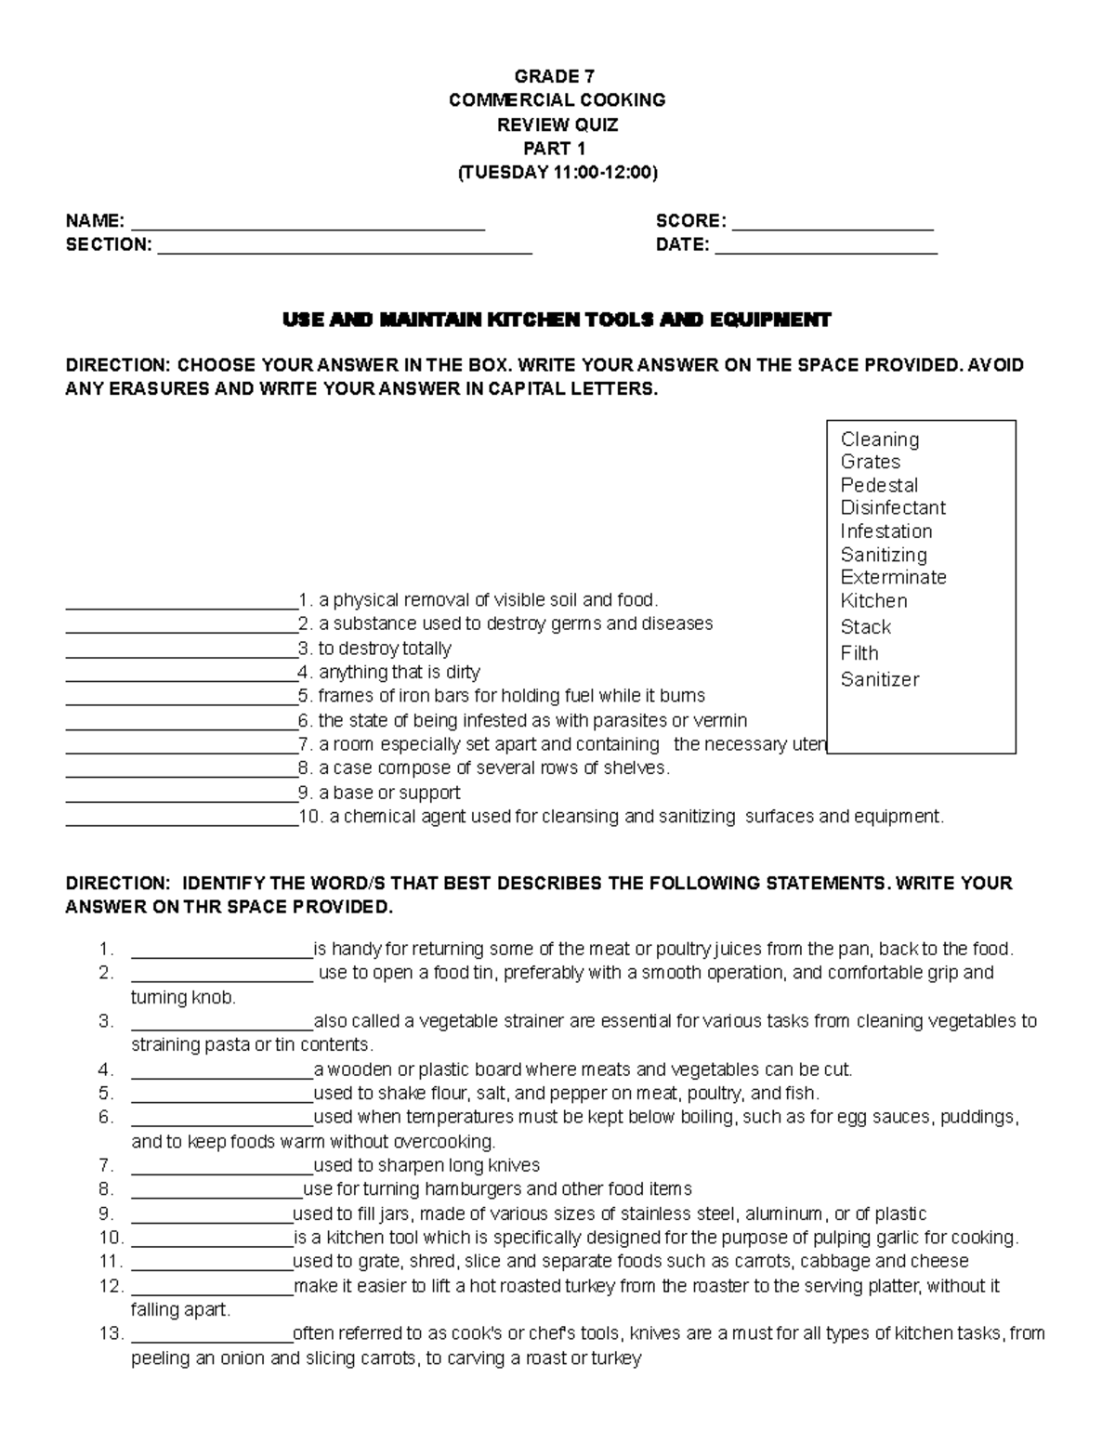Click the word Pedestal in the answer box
[879, 485]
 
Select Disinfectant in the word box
[893, 508]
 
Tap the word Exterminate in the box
[893, 577]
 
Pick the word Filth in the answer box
[859, 653]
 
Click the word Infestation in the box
[886, 531]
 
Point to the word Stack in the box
[865, 627]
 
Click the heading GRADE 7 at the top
[557, 76]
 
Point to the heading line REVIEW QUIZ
[557, 125]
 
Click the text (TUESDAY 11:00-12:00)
[557, 173]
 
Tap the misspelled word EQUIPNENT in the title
[770, 321]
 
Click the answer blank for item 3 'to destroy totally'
[181, 650]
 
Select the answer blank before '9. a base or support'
[181, 794]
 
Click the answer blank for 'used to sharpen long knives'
[222, 1167]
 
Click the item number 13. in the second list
[111, 1334]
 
